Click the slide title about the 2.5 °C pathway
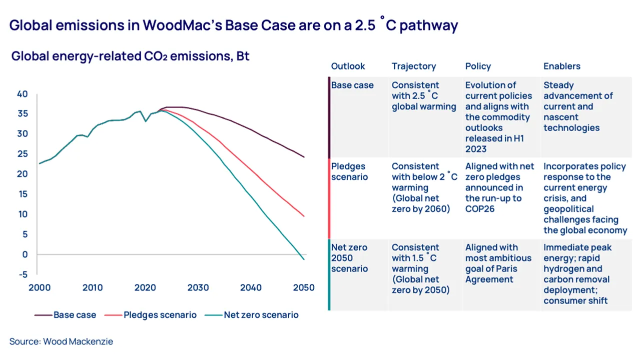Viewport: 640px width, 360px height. coord(233,25)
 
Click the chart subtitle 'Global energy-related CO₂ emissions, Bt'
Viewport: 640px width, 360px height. coord(130,56)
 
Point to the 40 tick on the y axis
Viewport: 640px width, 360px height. coord(22,94)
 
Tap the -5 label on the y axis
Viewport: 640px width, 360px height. coord(23,274)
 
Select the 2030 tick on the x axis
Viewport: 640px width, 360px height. coord(198,288)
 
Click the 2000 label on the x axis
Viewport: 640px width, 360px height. coord(40,288)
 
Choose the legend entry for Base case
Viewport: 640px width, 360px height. coord(65,315)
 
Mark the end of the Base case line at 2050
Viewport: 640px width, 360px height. coord(304,157)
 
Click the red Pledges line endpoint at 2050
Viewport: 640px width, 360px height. coord(304,216)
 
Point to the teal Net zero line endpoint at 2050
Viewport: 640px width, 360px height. coord(304,259)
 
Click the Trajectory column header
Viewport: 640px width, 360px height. coord(413,66)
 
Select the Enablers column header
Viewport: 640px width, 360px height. coord(562,66)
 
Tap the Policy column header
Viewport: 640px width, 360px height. coord(478,66)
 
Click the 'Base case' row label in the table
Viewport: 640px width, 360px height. coord(352,85)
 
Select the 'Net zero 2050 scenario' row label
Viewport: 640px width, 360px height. coord(349,258)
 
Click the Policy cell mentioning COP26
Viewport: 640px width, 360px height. coord(499,187)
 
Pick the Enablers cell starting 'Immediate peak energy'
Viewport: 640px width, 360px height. coord(577,274)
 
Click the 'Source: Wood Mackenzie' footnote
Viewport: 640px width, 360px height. coord(61,342)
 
